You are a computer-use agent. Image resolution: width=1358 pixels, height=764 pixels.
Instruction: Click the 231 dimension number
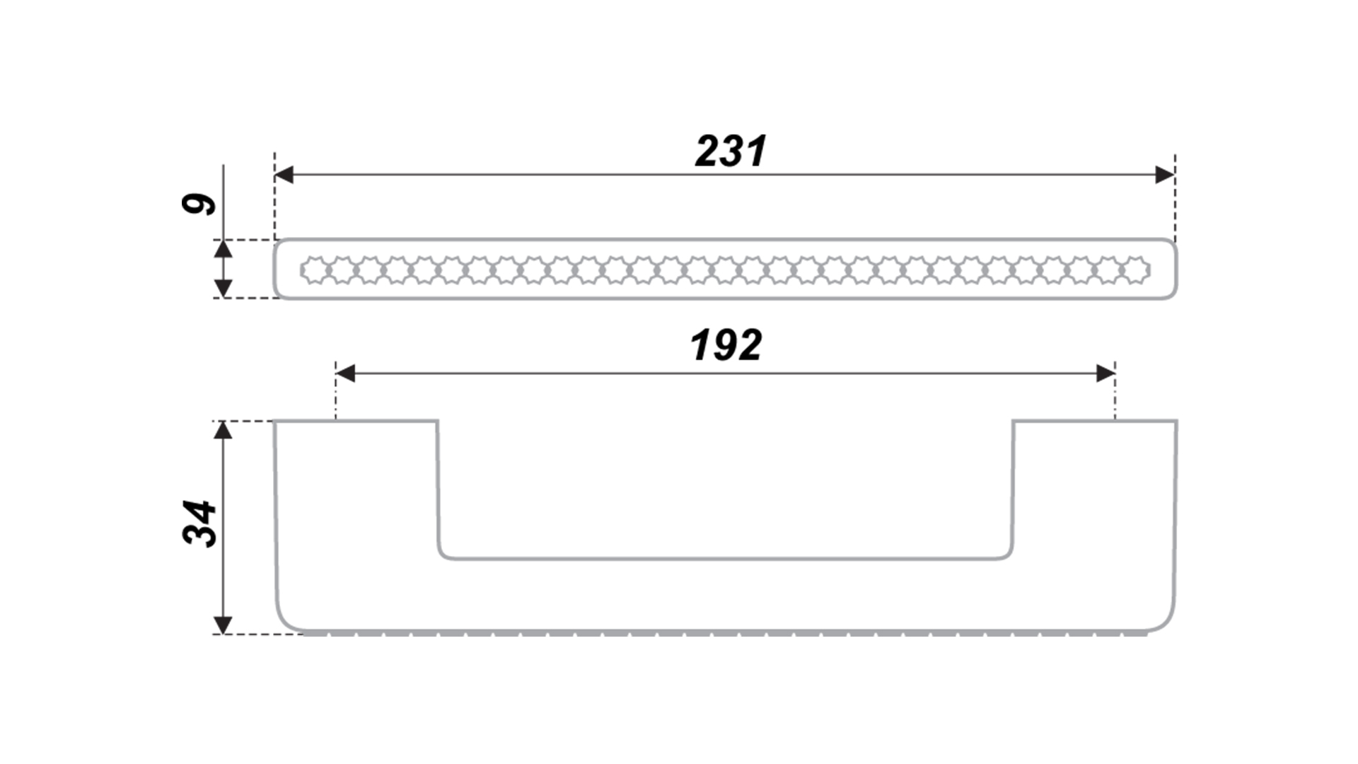pos(731,151)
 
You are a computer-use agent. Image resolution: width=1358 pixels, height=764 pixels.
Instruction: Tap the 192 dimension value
pos(726,345)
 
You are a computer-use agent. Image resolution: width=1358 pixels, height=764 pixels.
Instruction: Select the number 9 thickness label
pos(199,204)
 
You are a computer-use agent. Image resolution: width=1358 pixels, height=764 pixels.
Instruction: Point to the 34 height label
pos(199,523)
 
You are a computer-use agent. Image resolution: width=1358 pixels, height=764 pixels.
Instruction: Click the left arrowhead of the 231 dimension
pos(284,175)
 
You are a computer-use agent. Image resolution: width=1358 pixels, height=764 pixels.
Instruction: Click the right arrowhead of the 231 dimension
pos(1165,175)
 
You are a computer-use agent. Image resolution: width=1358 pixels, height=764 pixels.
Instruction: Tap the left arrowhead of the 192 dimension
pos(345,374)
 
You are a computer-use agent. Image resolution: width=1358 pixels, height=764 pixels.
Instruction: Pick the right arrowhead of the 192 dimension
pos(1105,374)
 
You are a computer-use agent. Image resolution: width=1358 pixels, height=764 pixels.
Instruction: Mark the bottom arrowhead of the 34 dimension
pos(223,625)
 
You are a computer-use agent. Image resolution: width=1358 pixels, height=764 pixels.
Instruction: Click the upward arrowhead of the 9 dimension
pos(223,249)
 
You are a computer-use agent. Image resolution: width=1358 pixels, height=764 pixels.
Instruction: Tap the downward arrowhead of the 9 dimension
pos(223,289)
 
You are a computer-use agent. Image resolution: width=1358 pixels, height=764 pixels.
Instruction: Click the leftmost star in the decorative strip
pos(314,270)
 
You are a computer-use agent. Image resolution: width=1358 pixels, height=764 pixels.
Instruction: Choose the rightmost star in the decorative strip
pos(1137,270)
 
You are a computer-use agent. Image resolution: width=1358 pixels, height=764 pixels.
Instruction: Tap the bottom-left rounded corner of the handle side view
pos(283,622)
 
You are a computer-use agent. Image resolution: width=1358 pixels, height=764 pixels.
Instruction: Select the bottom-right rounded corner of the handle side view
pos(1168,622)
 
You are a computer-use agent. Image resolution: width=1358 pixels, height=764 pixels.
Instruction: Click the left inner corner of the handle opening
pos(441,555)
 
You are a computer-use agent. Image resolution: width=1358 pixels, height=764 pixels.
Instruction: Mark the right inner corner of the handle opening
pos(1009,555)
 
